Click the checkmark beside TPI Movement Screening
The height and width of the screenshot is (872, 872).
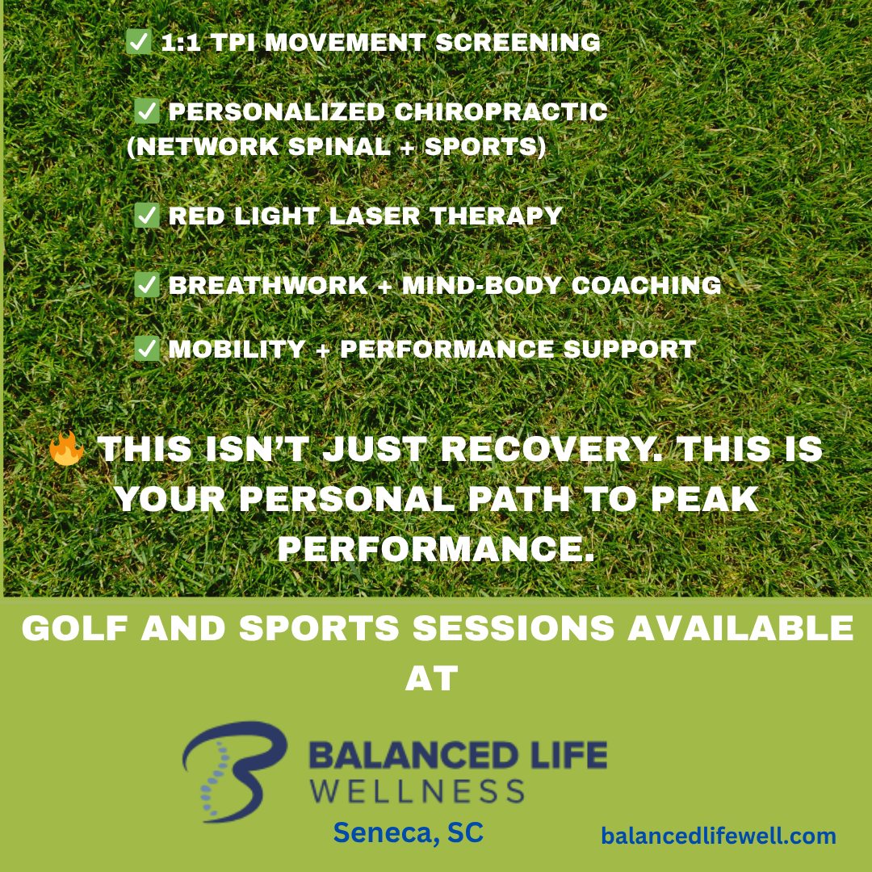tap(139, 42)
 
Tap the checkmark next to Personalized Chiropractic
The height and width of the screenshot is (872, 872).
tap(147, 111)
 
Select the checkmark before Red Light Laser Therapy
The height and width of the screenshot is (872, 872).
tap(147, 216)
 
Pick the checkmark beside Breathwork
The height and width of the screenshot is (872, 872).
tap(147, 285)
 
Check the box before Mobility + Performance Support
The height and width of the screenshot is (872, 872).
tap(147, 349)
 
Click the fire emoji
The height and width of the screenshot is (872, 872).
tap(67, 448)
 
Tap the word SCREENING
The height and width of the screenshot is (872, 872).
tap(518, 42)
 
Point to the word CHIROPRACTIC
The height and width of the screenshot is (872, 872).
tap(501, 111)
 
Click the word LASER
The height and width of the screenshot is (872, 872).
tap(375, 216)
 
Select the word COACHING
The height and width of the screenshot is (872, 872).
tap(646, 285)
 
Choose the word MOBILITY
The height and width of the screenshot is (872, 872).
tap(237, 350)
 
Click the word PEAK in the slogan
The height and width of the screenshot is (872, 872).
tap(705, 499)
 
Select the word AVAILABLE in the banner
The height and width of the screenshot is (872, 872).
tap(740, 628)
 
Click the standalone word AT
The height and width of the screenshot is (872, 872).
tap(431, 678)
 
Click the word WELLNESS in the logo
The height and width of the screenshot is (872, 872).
tap(417, 790)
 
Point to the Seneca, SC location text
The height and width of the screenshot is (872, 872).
tap(409, 832)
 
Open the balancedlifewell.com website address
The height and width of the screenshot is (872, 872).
tap(719, 836)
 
